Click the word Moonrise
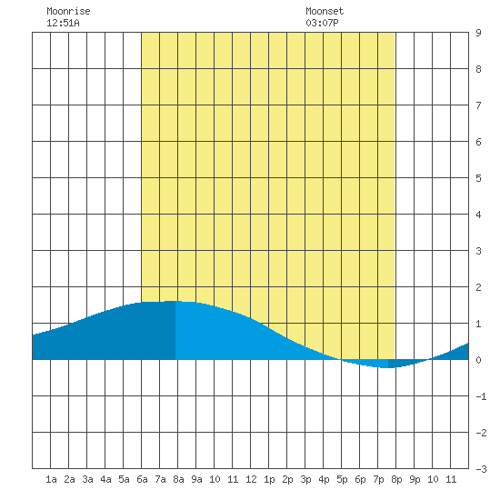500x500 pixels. point(68,11)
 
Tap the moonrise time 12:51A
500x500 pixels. point(63,23)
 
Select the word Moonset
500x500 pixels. point(325,11)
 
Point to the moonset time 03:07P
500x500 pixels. point(322,23)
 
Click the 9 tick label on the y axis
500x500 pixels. point(478,33)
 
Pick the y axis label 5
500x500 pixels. point(478,178)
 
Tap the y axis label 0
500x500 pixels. point(478,360)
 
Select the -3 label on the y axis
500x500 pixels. point(481,469)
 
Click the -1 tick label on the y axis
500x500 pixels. point(481,396)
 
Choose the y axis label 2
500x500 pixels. point(478,287)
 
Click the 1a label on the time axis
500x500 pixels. point(51,479)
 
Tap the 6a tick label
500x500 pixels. point(142,479)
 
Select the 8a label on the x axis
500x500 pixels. point(178,479)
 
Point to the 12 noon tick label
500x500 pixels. point(251,479)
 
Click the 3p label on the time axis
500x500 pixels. point(305,479)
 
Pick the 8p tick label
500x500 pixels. point(396,479)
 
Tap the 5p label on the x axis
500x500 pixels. point(342,479)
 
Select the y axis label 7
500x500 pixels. point(478,105)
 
